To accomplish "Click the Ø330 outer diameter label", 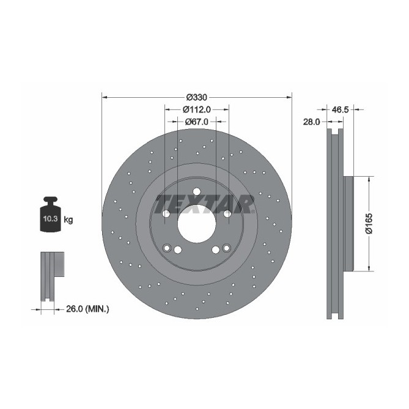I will [x=197, y=97].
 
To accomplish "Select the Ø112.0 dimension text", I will [x=197, y=109].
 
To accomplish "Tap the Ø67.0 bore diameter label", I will [x=197, y=122].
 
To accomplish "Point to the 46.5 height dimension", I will [x=340, y=110].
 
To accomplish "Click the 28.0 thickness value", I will [x=312, y=122].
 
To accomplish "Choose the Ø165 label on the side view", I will [x=369, y=223].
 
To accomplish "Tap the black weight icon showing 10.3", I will [x=50, y=215].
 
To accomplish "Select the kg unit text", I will [x=69, y=219].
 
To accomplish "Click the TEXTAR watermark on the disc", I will [x=204, y=202].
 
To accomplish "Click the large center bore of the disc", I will [x=197, y=223].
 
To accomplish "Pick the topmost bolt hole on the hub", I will [x=197, y=191].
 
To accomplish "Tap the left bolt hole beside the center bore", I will [x=166, y=213].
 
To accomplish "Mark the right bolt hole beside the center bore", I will [x=227, y=213].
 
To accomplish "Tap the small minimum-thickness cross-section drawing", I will [x=50, y=276].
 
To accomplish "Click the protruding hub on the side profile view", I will [x=349, y=223].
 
